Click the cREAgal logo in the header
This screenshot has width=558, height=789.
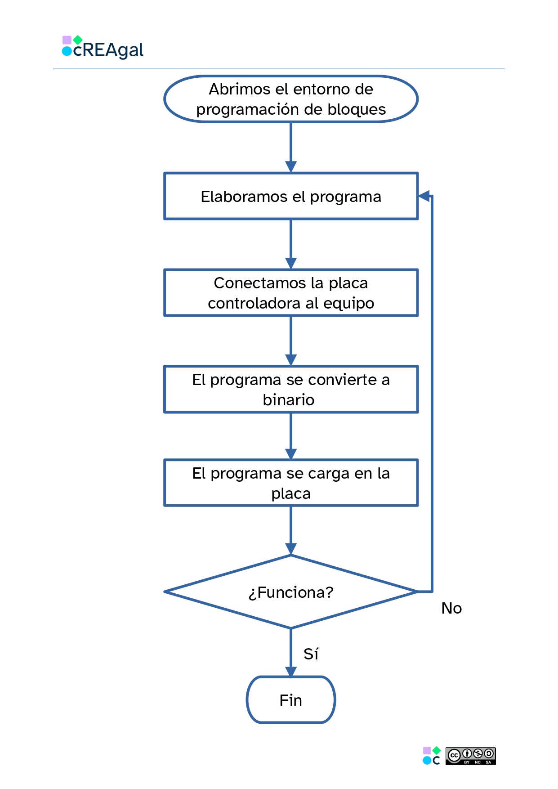[103, 48]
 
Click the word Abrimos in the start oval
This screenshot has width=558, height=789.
[232, 89]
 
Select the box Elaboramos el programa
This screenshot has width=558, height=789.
[291, 197]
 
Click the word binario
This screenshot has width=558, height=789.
[288, 400]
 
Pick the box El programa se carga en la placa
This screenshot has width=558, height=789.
[291, 483]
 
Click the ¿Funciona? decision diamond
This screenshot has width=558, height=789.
[291, 592]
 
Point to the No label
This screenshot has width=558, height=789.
[451, 608]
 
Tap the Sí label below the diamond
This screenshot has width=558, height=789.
[311, 654]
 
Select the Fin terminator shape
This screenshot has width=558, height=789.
[291, 700]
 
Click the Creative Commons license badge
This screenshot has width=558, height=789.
[470, 756]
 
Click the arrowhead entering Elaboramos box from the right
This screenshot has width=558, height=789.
[424, 196]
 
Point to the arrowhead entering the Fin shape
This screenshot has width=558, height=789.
[291, 672]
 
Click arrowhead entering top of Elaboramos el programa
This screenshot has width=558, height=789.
[291, 167]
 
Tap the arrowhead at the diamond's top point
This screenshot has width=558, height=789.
[291, 549]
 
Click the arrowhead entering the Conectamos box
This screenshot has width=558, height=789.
[291, 264]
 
